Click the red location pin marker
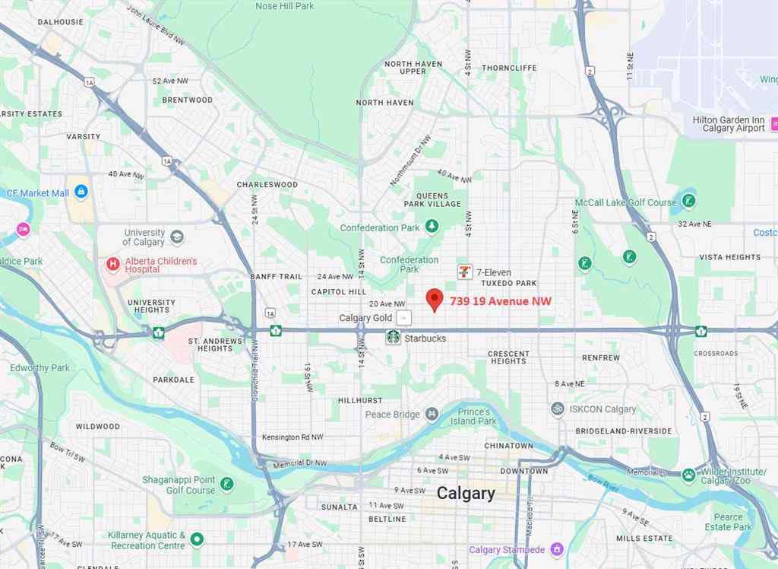coord(434,300)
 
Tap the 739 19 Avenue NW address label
coord(501,301)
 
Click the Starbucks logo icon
coord(393,337)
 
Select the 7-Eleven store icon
coord(463,272)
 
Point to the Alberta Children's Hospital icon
coord(113,265)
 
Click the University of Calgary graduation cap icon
coord(177,237)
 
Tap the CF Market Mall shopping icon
coord(81,192)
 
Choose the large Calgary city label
coord(466,493)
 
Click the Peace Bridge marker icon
coord(432,414)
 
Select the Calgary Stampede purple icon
coord(557,549)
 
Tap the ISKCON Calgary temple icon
coord(558,408)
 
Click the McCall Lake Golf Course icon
coord(688,202)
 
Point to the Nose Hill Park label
coord(285,6)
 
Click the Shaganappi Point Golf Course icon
coord(226,484)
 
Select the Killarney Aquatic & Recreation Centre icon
coord(197,539)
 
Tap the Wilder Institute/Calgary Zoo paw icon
coord(688,475)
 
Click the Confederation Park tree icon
coord(432,227)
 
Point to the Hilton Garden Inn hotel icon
coord(773,124)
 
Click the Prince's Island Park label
coord(476,416)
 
